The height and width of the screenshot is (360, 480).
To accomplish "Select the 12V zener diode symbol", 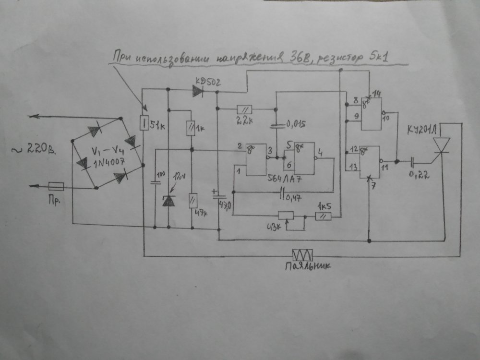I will [x=168, y=201].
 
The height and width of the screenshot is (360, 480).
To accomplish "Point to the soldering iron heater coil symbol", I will [x=303, y=254].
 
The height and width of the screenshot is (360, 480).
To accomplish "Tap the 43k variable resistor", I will [x=287, y=216].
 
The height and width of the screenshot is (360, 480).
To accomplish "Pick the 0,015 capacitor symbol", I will [x=276, y=126].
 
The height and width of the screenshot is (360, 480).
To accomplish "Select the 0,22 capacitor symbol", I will [x=412, y=162].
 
